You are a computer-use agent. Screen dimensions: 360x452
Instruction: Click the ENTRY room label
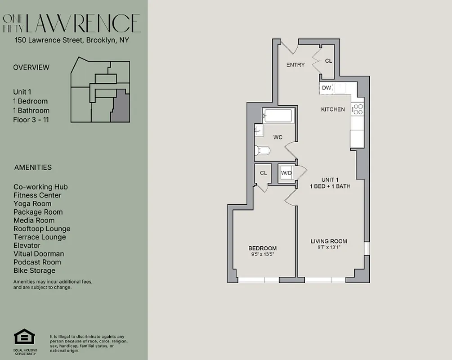(x=295, y=65)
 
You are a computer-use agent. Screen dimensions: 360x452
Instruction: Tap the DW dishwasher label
(x=326, y=88)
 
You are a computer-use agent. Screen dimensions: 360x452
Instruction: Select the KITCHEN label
(x=333, y=109)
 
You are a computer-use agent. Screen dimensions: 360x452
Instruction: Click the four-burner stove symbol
(x=358, y=109)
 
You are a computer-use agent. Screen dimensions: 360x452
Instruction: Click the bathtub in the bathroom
(x=278, y=116)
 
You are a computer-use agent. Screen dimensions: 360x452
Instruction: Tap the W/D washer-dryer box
(x=286, y=173)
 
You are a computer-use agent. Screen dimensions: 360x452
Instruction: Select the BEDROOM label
(x=263, y=248)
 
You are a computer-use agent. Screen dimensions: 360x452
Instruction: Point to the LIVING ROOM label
(x=329, y=242)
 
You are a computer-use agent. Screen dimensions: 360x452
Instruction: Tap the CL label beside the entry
(x=328, y=61)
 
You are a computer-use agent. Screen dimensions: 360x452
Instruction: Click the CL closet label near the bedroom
(x=263, y=173)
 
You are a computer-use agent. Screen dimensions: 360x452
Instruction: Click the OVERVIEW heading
(x=31, y=67)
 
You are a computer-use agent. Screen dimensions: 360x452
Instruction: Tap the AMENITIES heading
(x=33, y=167)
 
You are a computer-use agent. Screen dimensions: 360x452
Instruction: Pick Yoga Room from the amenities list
(x=32, y=203)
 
